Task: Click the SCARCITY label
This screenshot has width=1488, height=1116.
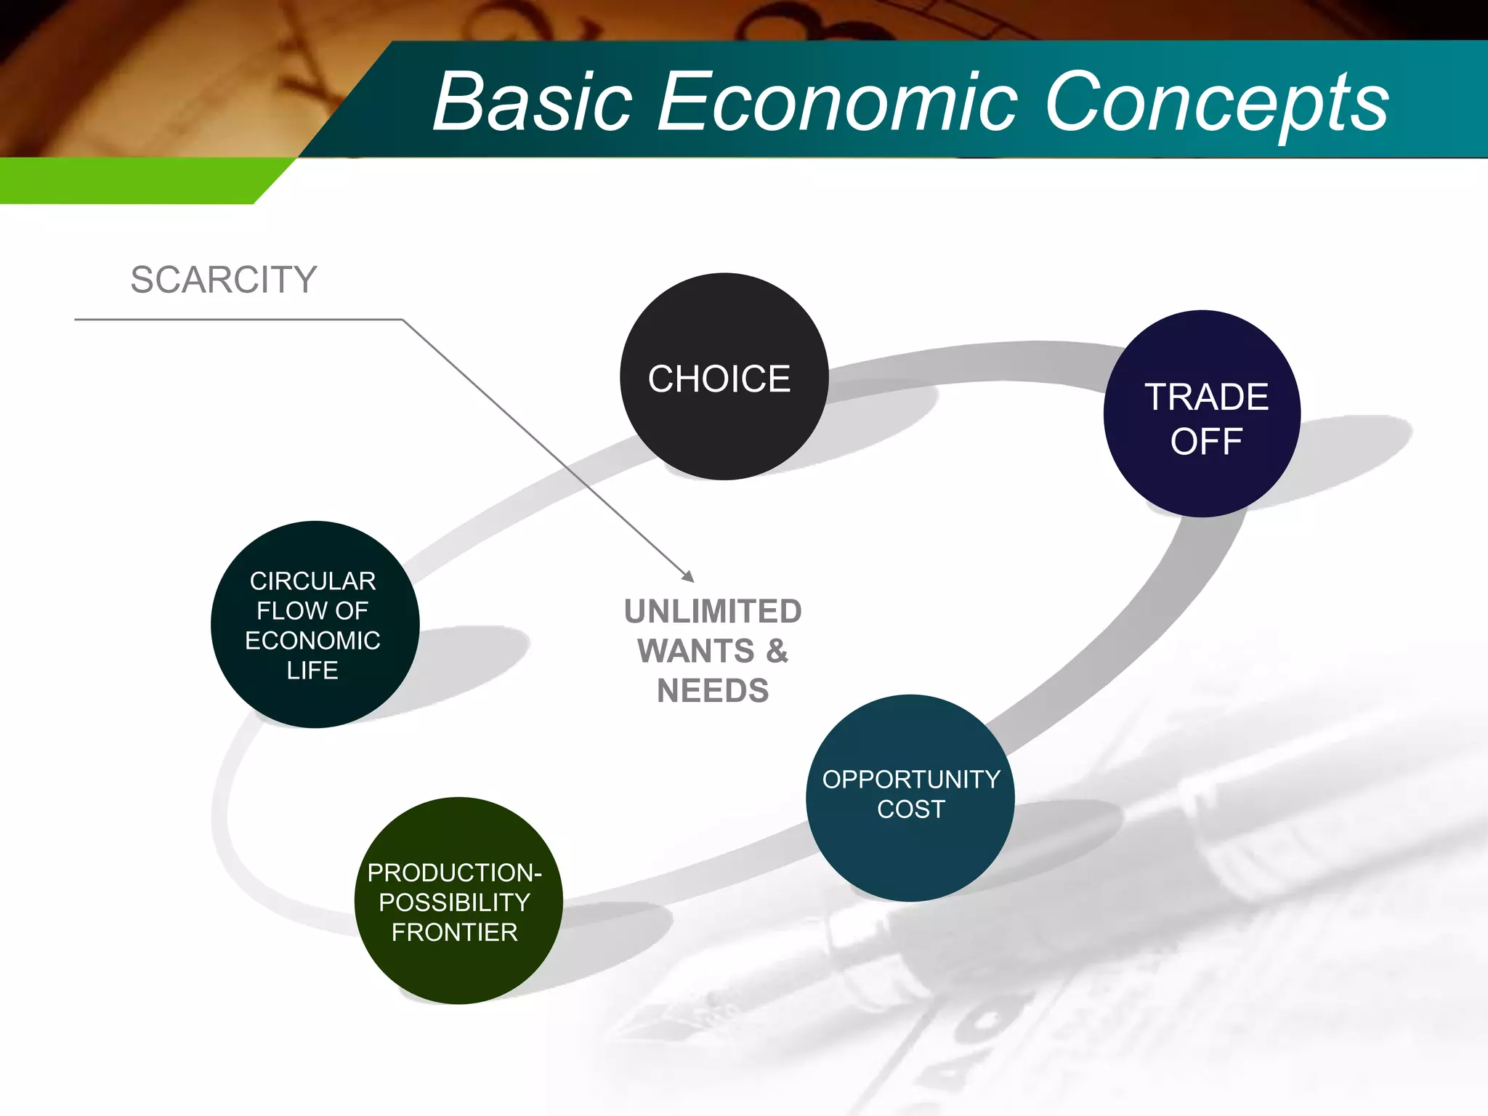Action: [224, 280]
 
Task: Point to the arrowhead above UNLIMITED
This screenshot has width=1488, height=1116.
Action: [688, 576]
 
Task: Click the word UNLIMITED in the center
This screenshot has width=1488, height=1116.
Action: [713, 612]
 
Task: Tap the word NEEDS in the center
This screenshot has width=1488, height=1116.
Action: [713, 691]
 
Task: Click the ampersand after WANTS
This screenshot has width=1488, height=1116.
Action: [777, 651]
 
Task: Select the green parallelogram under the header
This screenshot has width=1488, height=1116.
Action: [138, 180]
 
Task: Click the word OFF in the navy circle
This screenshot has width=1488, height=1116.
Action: [1206, 442]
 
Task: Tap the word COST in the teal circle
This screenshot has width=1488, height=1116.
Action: [910, 809]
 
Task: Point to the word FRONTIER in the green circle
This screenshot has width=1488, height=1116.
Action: [455, 932]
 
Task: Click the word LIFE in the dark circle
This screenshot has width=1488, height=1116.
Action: [312, 670]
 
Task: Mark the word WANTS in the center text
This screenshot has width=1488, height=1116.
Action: [696, 651]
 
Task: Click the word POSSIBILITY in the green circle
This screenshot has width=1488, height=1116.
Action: [455, 902]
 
